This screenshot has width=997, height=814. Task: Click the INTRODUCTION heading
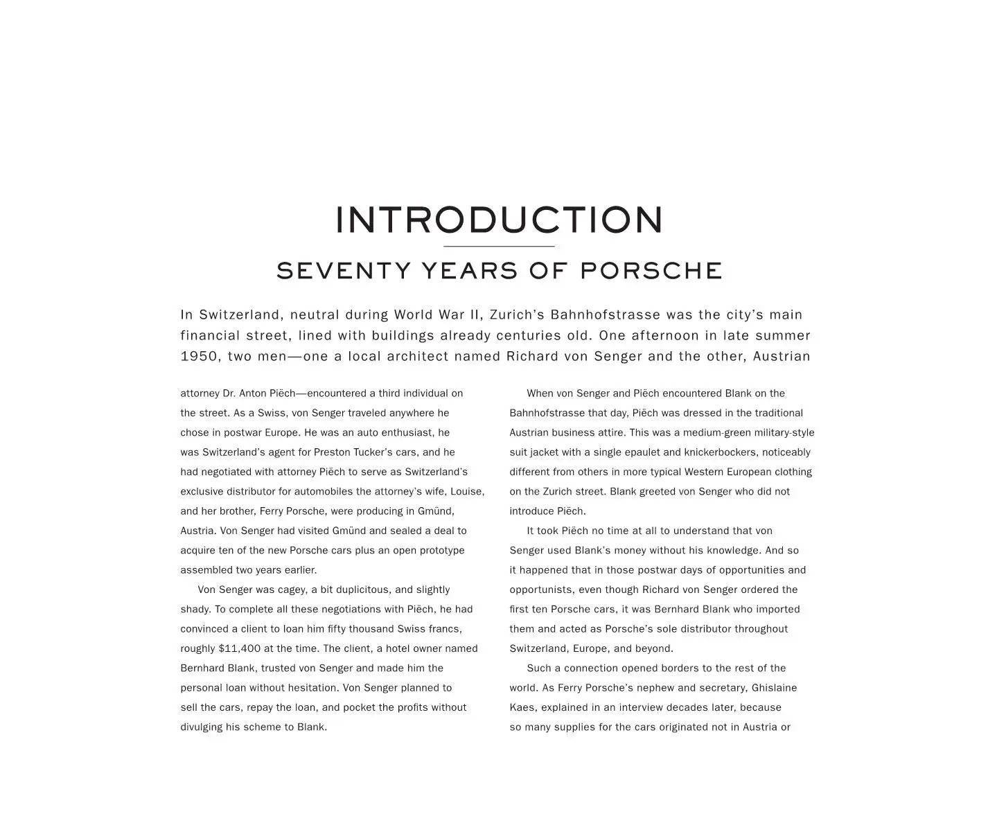(x=499, y=220)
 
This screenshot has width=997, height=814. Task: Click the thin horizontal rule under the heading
(x=499, y=246)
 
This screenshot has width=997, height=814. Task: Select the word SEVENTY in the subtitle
(x=344, y=271)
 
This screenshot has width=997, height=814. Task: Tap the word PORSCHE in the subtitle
(x=651, y=271)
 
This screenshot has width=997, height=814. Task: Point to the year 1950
(x=200, y=357)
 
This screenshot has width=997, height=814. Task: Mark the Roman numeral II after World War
(x=475, y=315)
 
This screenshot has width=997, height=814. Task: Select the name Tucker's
(x=371, y=452)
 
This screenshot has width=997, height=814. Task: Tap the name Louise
(x=467, y=492)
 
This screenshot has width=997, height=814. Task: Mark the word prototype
(x=442, y=551)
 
